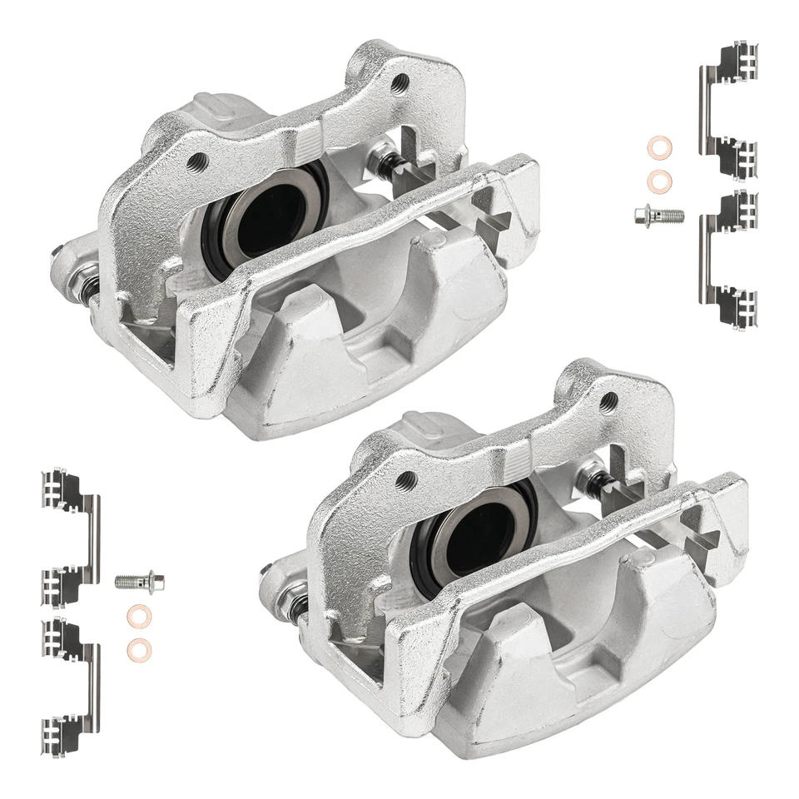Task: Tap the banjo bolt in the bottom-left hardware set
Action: [x=140, y=579]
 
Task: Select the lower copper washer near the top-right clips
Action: [x=660, y=179]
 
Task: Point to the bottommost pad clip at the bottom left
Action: [x=70, y=682]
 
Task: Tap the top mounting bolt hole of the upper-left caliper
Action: [x=400, y=82]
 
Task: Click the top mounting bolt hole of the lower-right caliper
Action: [x=608, y=401]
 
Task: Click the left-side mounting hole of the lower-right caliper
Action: [x=407, y=480]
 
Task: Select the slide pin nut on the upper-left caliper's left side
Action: [x=85, y=274]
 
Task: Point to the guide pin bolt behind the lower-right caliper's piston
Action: [x=593, y=476]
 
